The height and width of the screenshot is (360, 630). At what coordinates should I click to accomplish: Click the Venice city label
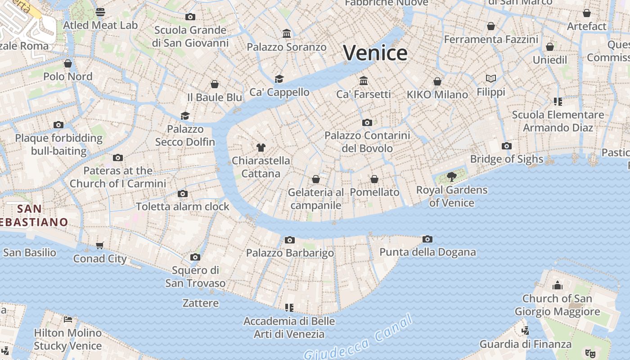tap(375, 53)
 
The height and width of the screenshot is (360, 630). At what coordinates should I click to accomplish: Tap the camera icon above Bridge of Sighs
tap(507, 146)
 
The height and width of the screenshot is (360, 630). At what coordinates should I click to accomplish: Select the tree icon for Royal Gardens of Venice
tap(452, 177)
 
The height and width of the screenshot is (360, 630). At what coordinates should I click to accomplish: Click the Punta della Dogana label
tap(427, 252)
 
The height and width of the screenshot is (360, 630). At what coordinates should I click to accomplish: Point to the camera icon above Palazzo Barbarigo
tap(290, 240)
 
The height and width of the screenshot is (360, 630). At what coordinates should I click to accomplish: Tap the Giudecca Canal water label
tap(358, 337)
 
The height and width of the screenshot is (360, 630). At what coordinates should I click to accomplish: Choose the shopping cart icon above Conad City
tap(100, 245)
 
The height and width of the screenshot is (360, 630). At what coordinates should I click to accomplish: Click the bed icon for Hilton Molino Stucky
tap(68, 319)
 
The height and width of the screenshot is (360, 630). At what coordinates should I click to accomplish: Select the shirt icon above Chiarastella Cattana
tap(261, 147)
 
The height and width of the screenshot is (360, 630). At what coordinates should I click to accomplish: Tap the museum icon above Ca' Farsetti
tap(364, 81)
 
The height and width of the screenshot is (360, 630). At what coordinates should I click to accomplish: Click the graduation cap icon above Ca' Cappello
tap(279, 79)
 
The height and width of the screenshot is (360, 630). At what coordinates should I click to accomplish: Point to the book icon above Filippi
tap(491, 79)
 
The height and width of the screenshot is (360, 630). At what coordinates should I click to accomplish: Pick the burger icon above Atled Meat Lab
tap(100, 12)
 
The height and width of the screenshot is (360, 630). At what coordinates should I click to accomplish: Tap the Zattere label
tap(201, 303)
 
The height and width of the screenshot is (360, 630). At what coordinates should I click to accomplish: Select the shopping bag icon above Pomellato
tap(374, 179)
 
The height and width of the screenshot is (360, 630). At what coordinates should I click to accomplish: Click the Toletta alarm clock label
tap(183, 207)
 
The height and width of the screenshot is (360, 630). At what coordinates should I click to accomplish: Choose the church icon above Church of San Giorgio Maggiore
tap(558, 285)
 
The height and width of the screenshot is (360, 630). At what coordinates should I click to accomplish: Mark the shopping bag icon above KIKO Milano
tap(437, 81)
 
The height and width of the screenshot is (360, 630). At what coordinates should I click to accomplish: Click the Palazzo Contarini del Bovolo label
tap(367, 142)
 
